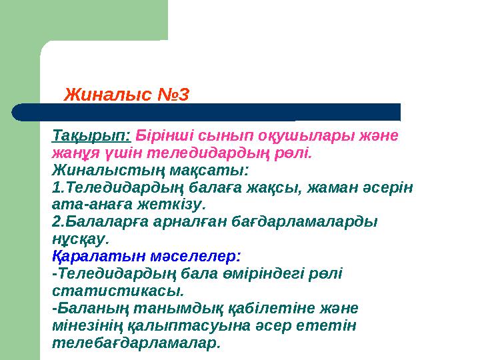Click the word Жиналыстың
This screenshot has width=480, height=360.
[x=101, y=169]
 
